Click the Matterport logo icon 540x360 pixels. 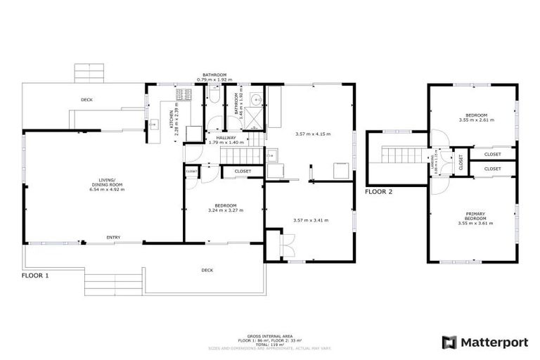click(x=449, y=342)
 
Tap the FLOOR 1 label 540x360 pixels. click(x=35, y=276)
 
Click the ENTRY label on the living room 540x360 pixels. click(x=113, y=238)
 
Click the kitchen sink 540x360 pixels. click(x=153, y=127)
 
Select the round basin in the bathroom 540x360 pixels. click(x=257, y=98)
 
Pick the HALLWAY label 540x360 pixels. click(x=226, y=137)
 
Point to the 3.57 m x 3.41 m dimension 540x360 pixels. click(x=310, y=220)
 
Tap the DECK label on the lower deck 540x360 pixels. click(x=207, y=269)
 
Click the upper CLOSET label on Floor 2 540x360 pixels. click(x=492, y=154)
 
